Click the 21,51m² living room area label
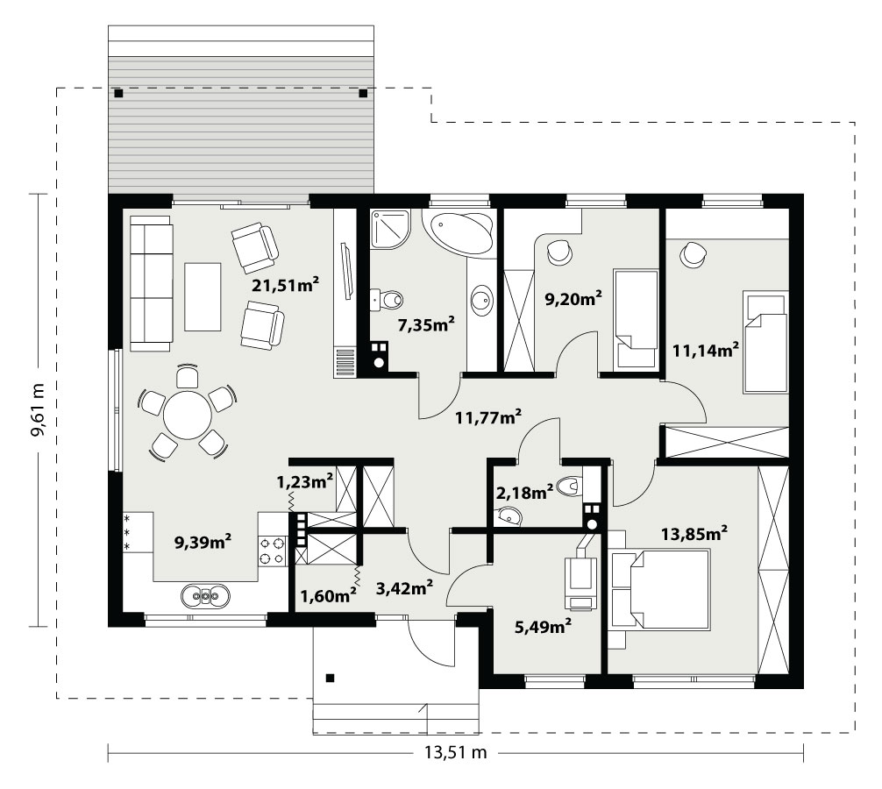[285, 285]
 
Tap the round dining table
[187, 416]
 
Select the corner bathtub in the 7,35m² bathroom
[461, 232]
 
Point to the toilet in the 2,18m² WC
[569, 486]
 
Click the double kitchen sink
[205, 595]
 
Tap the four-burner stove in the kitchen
[271, 551]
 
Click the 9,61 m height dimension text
[39, 410]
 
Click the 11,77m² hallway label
[487, 417]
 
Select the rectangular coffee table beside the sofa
[203, 296]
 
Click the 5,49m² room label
[544, 626]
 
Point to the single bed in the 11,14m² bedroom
[765, 341]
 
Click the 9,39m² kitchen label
[203, 542]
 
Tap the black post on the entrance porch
[331, 679]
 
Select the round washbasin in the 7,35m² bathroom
[481, 299]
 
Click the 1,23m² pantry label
[304, 481]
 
